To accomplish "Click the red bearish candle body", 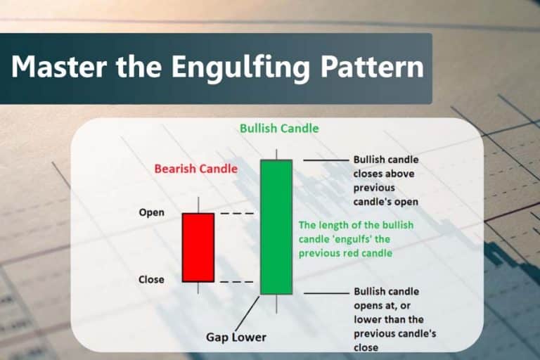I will pyautogui.click(x=198, y=247).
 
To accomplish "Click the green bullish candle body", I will pyautogui.click(x=276, y=227).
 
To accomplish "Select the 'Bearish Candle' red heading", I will pyautogui.click(x=196, y=169).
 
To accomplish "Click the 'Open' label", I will pyautogui.click(x=152, y=213).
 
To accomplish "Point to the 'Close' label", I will pyautogui.click(x=152, y=280).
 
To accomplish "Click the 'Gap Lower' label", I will pyautogui.click(x=236, y=337).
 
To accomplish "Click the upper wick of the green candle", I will pyautogui.click(x=276, y=153).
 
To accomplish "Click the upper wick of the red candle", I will pyautogui.click(x=198, y=205).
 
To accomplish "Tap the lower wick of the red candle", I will pyautogui.click(x=198, y=288).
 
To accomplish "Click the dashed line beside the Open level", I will pyautogui.click(x=236, y=213).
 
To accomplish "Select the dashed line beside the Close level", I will pyautogui.click(x=236, y=281).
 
